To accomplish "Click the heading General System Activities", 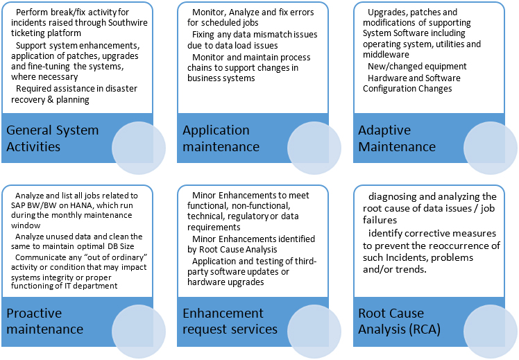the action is click(52, 138).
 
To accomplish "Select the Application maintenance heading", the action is click(221, 138).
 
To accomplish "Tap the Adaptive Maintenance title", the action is click(396, 138).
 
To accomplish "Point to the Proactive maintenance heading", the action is click(44, 321).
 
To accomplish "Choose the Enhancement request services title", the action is click(230, 321).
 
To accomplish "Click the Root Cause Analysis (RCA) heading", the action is click(399, 321).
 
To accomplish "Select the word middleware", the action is click(386, 55).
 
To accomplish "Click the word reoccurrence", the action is click(460, 246).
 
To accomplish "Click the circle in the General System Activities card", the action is click(139, 148).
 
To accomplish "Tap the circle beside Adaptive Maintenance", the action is click(490, 148).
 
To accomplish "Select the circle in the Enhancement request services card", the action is click(314, 331).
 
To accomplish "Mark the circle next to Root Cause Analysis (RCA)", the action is click(490, 331).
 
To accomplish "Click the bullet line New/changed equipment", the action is click(417, 67).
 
